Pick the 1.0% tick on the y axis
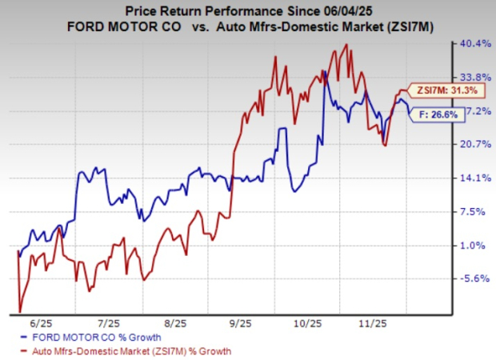pyautogui.click(x=473, y=245)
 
